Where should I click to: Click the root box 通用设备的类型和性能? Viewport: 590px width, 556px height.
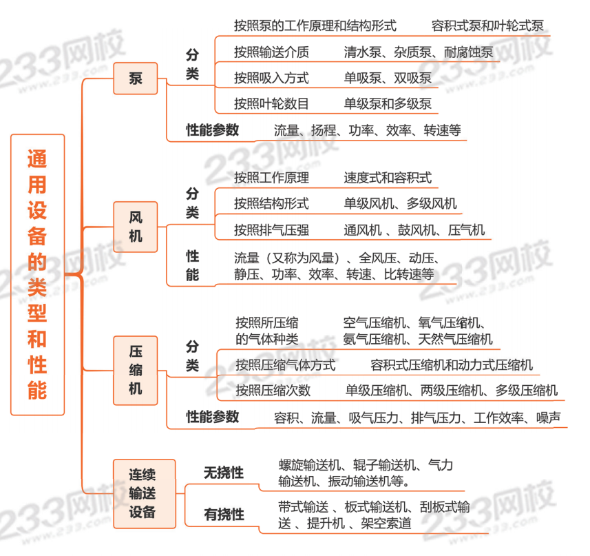tap(37, 274)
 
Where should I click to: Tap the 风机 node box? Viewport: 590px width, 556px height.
tap(136, 226)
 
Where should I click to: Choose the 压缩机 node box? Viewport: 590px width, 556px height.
tap(136, 370)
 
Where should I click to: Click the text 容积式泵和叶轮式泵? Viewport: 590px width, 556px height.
tap(487, 26)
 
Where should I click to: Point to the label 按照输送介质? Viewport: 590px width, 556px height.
tap(271, 52)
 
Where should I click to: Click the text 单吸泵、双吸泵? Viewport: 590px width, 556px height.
tap(388, 79)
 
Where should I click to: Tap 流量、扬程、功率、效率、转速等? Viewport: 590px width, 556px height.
tap(367, 130)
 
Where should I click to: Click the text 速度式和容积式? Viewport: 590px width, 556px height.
tap(388, 178)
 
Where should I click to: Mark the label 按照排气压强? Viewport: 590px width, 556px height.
tap(271, 230)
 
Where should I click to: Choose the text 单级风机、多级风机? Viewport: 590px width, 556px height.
tap(400, 204)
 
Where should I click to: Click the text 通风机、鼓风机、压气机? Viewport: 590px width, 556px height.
tap(414, 230)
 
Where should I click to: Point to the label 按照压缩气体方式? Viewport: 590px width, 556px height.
tap(285, 365)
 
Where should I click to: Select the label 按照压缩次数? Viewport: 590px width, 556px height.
tap(273, 391)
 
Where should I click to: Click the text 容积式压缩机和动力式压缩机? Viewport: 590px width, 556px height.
tap(451, 365)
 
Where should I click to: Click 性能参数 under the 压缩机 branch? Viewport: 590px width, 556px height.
tap(213, 417)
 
